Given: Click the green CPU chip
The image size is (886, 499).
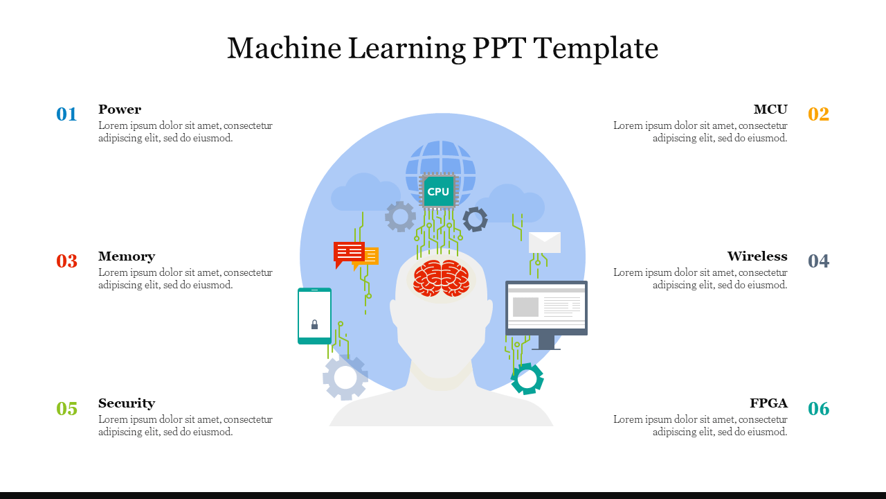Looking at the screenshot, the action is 438,191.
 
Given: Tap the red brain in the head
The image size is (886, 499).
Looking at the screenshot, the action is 441,278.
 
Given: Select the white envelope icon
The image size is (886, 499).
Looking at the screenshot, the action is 545,243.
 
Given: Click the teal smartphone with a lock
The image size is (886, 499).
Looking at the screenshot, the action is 314,316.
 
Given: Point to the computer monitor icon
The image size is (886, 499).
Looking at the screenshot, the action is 546,309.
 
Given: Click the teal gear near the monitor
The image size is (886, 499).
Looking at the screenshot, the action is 527,378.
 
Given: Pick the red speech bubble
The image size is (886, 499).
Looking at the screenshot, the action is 348,253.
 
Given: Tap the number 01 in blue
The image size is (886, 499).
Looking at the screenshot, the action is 66,114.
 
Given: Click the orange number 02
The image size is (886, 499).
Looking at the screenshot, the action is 818,114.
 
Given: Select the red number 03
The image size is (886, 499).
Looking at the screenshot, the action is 66,261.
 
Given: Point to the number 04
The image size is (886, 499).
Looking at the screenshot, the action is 818,261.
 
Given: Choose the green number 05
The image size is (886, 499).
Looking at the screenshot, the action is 66,409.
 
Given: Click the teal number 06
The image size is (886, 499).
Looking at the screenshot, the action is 818,409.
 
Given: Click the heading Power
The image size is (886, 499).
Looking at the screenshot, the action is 120,110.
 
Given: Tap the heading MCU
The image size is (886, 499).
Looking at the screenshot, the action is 770,110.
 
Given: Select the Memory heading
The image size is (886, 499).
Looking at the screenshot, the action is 127,256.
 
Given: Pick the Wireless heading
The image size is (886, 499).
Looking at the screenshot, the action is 757,256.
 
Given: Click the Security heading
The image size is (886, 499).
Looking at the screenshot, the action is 127,403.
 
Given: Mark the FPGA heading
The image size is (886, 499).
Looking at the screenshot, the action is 768,403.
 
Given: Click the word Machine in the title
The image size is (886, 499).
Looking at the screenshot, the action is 283,49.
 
